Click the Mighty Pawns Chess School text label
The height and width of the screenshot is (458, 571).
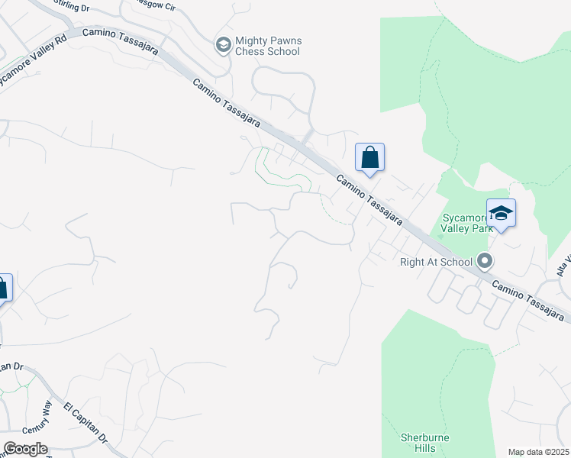tap(267, 46)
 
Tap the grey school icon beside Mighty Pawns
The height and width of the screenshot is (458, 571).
tap(224, 44)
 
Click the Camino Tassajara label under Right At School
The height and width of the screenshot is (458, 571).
tap(529, 298)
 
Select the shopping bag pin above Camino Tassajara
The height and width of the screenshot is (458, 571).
tap(369, 158)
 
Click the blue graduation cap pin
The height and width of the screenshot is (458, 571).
tap(501, 213)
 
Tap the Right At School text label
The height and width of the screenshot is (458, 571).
tap(437, 262)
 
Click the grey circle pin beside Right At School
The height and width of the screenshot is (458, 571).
tap(485, 261)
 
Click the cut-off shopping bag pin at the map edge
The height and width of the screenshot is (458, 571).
tap(4, 288)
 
